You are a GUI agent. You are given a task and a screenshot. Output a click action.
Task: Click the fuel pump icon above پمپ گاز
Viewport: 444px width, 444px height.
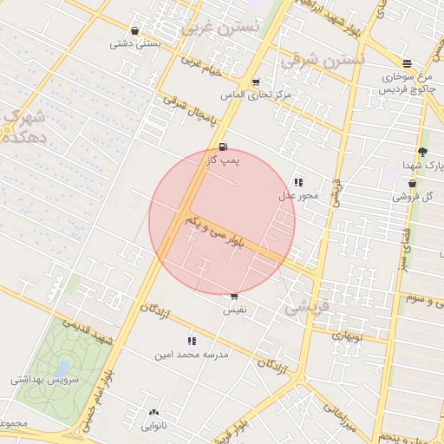[x=224, y=147]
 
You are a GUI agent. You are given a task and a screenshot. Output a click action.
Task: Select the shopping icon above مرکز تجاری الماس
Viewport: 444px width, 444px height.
[x=255, y=82]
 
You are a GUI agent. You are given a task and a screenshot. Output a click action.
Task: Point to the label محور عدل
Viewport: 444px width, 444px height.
[x=298, y=195]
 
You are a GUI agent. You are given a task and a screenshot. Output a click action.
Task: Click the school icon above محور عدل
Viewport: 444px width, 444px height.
[x=298, y=182]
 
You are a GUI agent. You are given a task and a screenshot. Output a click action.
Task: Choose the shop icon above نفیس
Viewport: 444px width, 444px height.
[x=234, y=297]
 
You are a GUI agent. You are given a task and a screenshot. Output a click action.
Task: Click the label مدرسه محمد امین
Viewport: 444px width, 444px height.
[x=191, y=355]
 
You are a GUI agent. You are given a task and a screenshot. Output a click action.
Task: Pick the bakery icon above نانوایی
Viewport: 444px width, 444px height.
[x=154, y=413]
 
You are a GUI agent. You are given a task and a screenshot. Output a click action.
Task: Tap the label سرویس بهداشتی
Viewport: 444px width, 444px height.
[x=45, y=380]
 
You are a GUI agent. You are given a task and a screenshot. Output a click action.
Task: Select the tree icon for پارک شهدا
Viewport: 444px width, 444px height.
[x=422, y=152]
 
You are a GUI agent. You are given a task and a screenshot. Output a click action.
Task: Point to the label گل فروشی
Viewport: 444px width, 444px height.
[x=411, y=197]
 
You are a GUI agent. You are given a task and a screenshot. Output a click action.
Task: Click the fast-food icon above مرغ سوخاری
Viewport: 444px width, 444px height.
[x=407, y=62]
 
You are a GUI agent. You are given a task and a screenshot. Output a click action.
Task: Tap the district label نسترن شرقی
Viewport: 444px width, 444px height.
[x=323, y=62]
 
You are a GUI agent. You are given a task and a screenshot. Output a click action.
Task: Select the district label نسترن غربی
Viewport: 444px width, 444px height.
[x=220, y=27]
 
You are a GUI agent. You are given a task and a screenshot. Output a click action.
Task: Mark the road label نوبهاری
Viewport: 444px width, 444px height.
[x=350, y=333]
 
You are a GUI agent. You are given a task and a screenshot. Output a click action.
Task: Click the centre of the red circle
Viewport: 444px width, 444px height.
[x=222, y=222]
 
